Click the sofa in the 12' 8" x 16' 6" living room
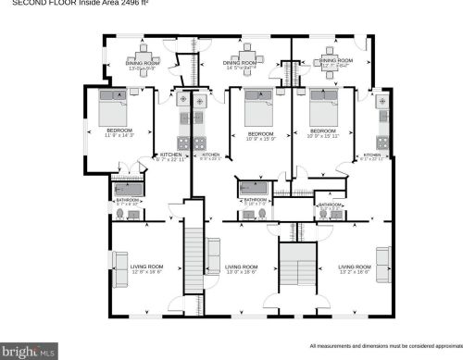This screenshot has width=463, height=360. (x=118, y=261)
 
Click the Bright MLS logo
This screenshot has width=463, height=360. (x=30, y=352)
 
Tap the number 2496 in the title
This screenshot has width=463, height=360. (x=125, y=4)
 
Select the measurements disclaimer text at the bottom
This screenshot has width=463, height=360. (x=383, y=345)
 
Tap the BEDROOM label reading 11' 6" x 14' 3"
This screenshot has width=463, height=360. (x=119, y=132)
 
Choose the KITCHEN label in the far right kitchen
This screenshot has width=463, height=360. (x=372, y=155)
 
